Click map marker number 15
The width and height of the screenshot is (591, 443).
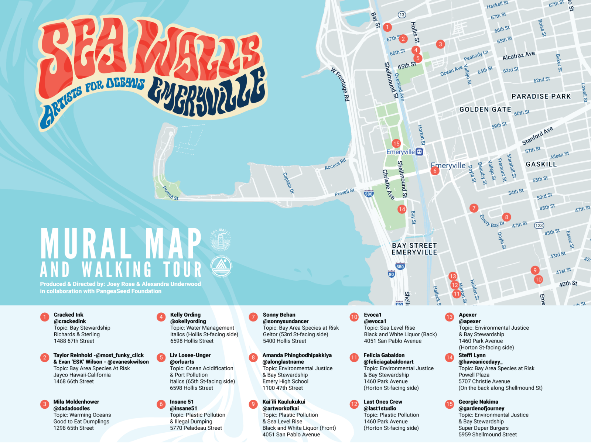396,144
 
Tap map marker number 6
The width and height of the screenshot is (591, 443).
435,171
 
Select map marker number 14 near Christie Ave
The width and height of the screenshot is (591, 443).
402,209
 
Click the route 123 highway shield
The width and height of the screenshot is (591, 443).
539,226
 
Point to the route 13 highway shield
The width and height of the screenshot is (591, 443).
402,15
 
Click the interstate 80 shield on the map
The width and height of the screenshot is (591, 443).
392,274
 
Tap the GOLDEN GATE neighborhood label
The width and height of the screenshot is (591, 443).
485,110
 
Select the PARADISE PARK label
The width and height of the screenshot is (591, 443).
541,96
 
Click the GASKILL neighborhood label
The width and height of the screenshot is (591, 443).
541,164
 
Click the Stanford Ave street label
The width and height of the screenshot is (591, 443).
537,135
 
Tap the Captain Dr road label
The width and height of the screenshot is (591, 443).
288,183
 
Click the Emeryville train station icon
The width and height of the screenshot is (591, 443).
419,152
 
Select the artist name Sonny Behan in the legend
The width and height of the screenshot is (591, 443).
279,315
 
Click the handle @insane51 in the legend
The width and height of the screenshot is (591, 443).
183,408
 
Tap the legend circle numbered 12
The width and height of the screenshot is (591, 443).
354,404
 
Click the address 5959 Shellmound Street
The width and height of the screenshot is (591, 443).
488,435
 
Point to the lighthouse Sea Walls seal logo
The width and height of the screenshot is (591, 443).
221,240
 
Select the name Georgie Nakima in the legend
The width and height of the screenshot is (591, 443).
478,402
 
